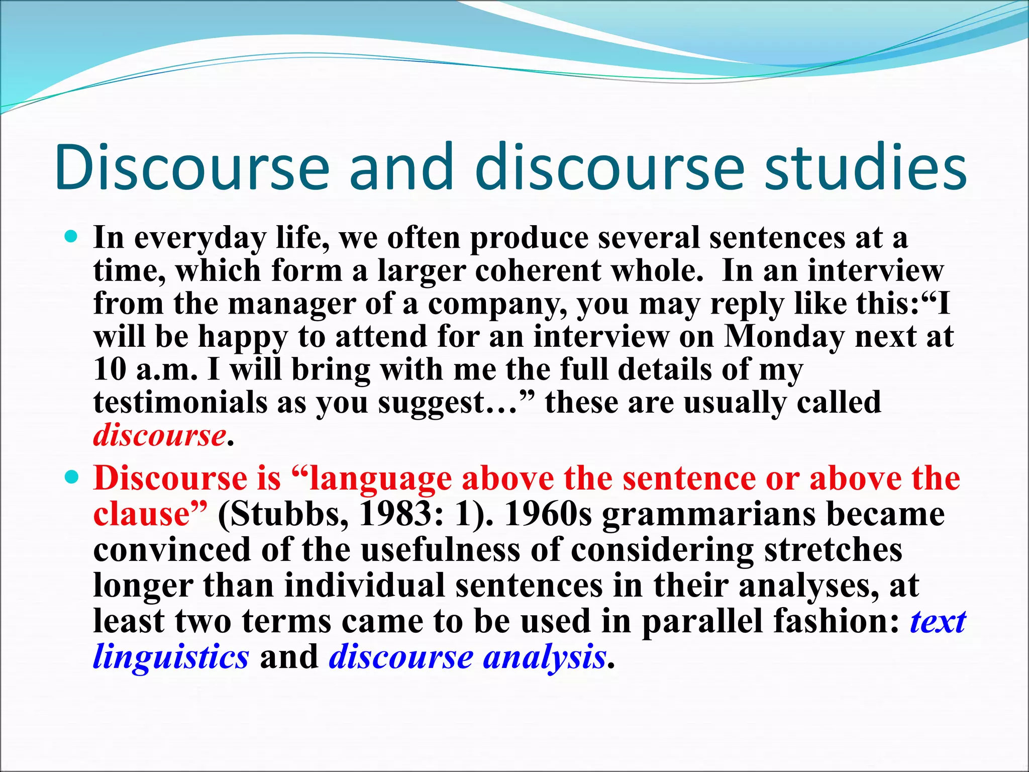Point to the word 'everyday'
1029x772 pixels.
[x=199, y=238]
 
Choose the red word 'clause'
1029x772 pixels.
[x=145, y=514]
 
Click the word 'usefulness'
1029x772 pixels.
[x=440, y=550]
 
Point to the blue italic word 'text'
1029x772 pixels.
[x=938, y=621]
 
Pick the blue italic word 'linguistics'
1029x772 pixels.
[x=171, y=657]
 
